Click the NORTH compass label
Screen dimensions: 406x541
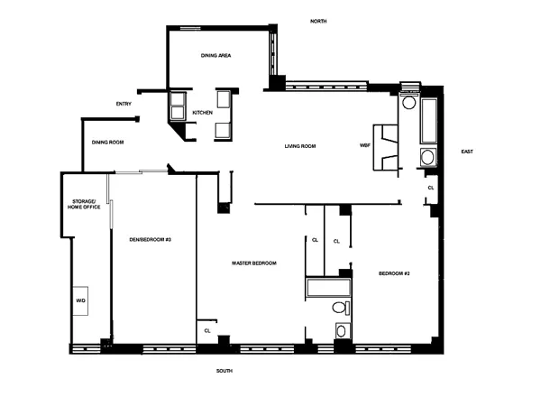pyautogui.click(x=317, y=21)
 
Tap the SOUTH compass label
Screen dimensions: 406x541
pyautogui.click(x=225, y=370)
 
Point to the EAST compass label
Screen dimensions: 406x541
pyautogui.click(x=466, y=152)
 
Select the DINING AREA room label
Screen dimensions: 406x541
pyautogui.click(x=216, y=56)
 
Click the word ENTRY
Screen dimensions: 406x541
pyautogui.click(x=124, y=104)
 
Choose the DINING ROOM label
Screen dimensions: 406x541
pyautogui.click(x=108, y=143)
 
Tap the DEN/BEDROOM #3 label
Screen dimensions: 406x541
pyautogui.click(x=151, y=239)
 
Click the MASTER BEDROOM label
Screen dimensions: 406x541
pyautogui.click(x=253, y=263)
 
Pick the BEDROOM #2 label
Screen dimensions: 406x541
pyautogui.click(x=394, y=273)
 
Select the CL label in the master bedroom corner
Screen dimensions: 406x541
pyautogui.click(x=207, y=330)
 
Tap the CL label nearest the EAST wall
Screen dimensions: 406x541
pyautogui.click(x=431, y=187)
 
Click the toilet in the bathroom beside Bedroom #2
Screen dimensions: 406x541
pyautogui.click(x=340, y=309)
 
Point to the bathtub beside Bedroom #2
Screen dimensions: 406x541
pyautogui.click(x=328, y=289)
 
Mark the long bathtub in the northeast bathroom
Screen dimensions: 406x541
pyautogui.click(x=428, y=121)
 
